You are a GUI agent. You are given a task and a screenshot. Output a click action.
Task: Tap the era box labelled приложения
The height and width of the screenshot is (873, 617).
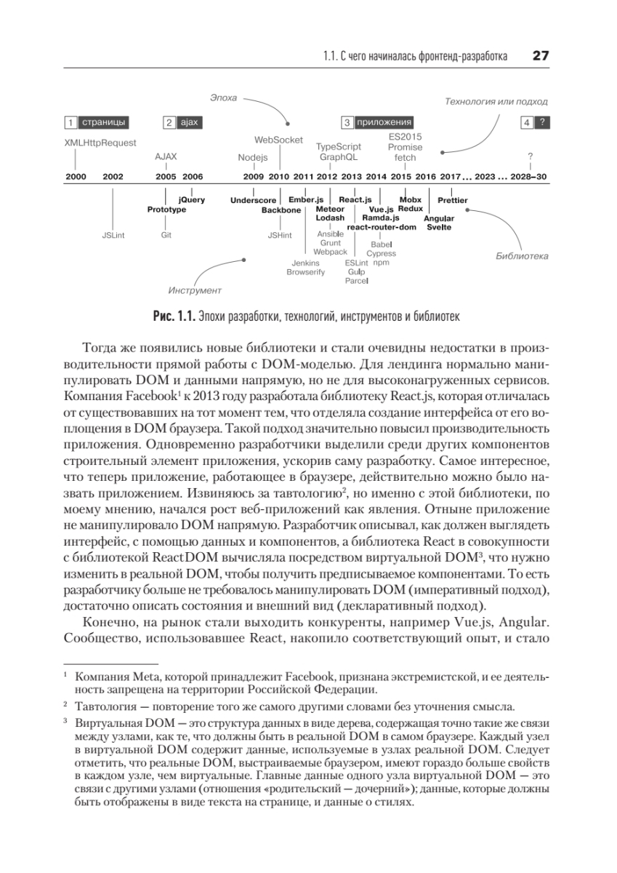coord(376,122)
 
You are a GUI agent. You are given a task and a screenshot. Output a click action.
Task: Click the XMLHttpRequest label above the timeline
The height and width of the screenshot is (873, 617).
coord(100,143)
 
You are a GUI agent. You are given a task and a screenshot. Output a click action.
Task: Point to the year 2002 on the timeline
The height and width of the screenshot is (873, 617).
coord(113,177)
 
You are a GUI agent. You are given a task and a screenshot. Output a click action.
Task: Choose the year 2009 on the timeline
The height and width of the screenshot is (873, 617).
coord(253,177)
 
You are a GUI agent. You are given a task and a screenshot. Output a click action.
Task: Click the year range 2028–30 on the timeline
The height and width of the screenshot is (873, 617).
coord(531,177)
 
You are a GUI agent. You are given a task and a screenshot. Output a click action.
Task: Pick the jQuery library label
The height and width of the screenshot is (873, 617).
coord(192,199)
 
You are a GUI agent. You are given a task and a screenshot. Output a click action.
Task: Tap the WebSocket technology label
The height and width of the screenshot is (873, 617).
coord(278,140)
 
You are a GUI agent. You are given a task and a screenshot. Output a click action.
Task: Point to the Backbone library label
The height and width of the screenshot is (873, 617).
coord(281,210)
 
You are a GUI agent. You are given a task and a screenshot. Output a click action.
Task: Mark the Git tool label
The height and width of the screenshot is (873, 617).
coord(166,235)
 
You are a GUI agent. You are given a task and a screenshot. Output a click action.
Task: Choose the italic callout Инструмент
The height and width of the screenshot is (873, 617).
coord(194,290)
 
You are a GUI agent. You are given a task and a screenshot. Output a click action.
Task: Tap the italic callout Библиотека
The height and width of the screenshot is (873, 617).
coord(522,257)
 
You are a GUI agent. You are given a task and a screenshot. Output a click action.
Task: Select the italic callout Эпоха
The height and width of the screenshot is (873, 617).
coord(223,97)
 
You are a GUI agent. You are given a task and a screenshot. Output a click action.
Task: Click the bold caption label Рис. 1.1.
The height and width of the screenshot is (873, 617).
coord(172,316)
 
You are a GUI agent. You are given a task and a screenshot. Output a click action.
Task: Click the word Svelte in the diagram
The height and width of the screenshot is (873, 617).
coord(439,227)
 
